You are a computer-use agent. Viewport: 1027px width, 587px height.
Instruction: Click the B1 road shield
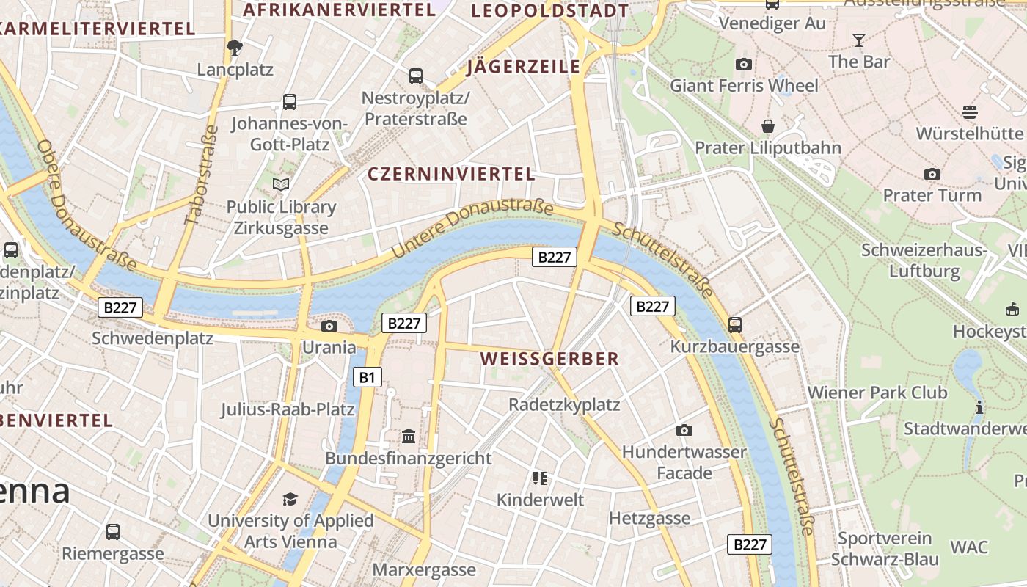368,378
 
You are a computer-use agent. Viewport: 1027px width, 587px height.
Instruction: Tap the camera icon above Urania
329,326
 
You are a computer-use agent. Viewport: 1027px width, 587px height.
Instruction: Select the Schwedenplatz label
153,338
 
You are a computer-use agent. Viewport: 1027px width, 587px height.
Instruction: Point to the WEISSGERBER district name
549,359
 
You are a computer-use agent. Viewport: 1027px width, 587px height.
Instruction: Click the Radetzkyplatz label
564,404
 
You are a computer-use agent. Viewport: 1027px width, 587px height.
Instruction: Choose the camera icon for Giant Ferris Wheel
744,64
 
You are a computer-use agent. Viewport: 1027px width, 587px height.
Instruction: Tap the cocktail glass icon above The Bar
859,40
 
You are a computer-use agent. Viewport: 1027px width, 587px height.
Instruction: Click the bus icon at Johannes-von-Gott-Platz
290,102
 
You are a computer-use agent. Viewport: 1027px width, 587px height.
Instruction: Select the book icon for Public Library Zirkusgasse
281,184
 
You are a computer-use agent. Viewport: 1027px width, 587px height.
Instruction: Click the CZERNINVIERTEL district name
451,174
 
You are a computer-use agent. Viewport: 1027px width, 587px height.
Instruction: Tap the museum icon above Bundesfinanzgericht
409,437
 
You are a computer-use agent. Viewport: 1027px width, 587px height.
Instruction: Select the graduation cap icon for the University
290,500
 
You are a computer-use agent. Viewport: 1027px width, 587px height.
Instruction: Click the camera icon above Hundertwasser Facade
684,430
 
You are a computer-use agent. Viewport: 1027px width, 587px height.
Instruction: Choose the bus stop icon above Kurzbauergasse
735,324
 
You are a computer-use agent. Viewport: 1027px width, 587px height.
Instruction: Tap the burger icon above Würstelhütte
970,112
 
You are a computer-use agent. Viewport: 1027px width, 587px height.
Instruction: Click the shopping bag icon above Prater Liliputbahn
768,126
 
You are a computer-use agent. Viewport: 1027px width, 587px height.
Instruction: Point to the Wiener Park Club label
877,393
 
